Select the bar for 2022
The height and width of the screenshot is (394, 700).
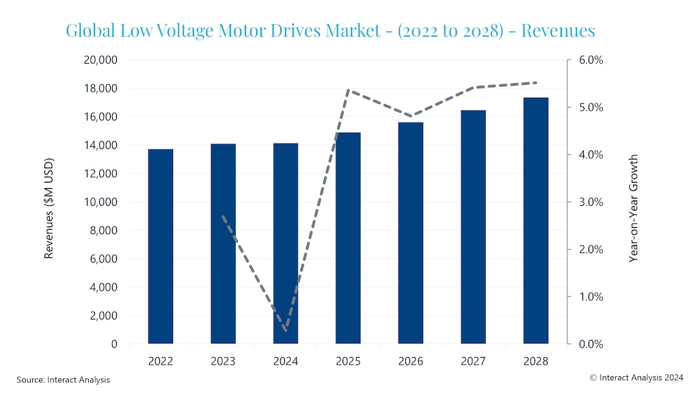click(161, 246)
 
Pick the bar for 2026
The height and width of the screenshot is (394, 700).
click(411, 233)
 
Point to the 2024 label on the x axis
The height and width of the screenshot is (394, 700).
click(286, 360)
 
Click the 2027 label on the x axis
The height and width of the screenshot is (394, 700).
click(473, 360)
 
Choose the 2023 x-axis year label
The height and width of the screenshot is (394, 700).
click(223, 360)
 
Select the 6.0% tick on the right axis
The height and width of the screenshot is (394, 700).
click(591, 60)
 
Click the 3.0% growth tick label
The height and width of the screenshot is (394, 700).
click(591, 202)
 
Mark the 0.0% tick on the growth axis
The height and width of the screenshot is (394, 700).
click(591, 344)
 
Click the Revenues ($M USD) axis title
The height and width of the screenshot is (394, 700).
click(49, 208)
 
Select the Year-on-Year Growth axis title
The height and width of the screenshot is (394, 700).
click(634, 208)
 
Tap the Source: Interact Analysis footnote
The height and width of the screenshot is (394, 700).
click(63, 379)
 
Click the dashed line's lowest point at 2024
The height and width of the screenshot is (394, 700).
click(286, 331)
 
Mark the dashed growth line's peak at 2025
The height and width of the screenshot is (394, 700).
click(348, 90)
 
